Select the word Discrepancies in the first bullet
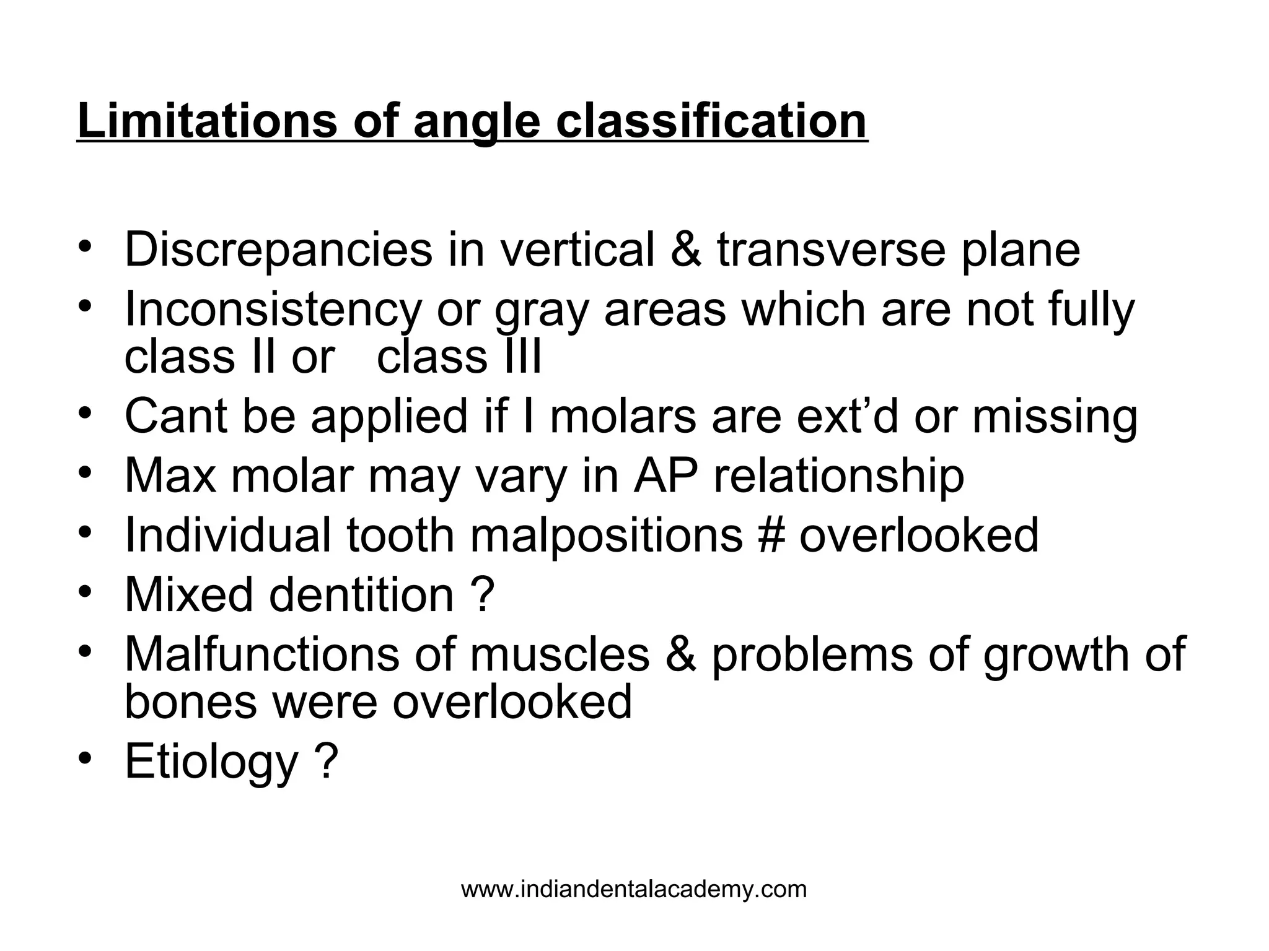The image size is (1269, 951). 278,250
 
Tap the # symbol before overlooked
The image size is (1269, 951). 770,535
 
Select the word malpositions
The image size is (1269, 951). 606,535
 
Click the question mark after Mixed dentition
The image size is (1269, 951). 482,594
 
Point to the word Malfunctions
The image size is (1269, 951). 262,654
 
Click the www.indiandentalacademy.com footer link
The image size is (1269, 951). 634,890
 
